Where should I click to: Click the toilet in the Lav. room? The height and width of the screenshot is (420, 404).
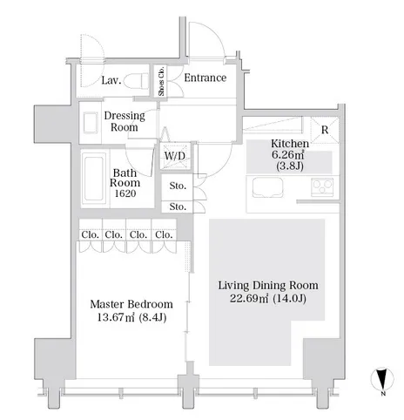pos(136,80)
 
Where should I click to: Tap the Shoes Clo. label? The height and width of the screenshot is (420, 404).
pos(161,81)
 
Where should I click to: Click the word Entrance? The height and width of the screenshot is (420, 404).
pos(205,78)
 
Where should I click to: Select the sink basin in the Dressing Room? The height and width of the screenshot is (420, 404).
pos(91,123)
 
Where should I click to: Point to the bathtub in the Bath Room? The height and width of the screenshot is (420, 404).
pos(94,179)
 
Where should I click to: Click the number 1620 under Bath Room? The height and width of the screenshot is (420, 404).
pos(125,193)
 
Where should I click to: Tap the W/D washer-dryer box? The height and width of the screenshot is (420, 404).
pos(175,156)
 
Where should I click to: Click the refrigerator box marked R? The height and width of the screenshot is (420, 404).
pos(325,130)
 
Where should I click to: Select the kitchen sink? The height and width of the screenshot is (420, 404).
pos(267,187)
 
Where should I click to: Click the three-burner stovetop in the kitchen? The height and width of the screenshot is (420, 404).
pos(322,186)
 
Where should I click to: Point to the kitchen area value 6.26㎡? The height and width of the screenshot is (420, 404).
pos(288,154)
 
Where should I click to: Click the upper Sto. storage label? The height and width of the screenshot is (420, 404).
pos(178,186)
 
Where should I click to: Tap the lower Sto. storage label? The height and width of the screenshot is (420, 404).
pos(178,207)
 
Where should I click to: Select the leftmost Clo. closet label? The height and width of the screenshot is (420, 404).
pos(90,234)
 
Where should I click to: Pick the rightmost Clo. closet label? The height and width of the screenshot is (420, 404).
pos(164,234)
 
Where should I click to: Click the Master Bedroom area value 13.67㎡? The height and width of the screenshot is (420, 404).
pos(116,317)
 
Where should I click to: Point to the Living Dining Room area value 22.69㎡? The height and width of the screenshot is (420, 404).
pos(249,298)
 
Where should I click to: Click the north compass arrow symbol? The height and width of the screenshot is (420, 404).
pos(382,379)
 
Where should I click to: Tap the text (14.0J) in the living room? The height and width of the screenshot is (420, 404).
pos(289,298)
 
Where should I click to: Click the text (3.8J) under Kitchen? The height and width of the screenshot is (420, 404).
pos(290,166)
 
